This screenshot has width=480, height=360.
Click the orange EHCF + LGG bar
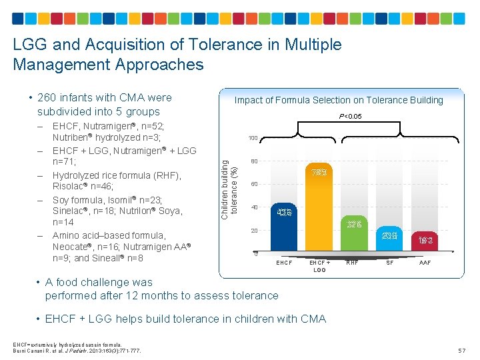[319, 213]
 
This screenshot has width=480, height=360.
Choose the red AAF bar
[425, 243]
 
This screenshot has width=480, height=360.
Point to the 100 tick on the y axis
[253, 138]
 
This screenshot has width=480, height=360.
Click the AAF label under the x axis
[425, 263]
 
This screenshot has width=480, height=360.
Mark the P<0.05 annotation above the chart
[351, 116]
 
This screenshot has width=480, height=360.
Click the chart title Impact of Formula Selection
[339, 100]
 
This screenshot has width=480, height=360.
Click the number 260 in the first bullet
[49, 98]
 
